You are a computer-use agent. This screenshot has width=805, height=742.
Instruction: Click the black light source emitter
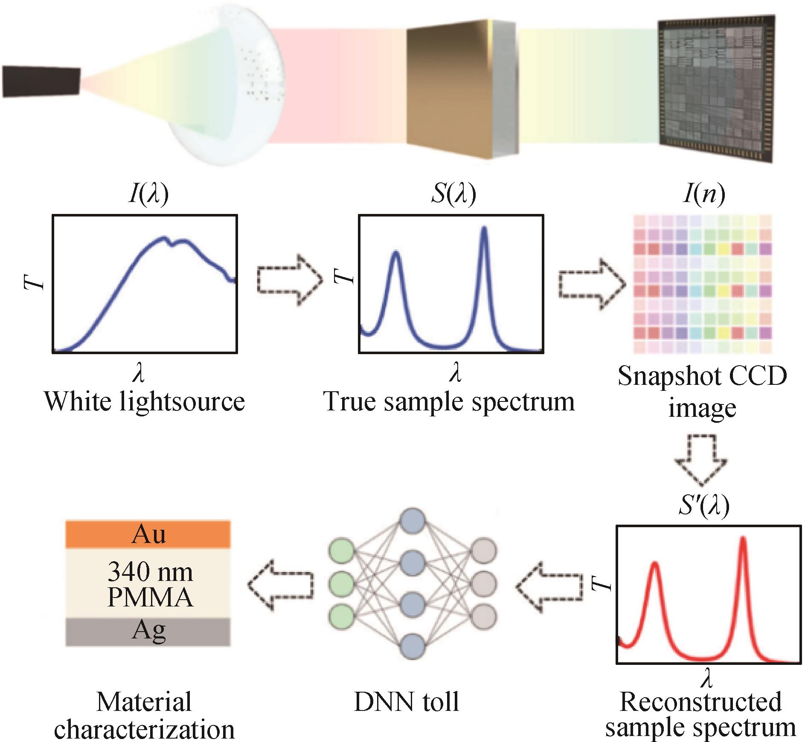[41, 81]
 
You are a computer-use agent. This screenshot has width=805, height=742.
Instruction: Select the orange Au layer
[148, 534]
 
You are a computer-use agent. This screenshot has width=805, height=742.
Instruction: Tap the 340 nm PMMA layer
[148, 583]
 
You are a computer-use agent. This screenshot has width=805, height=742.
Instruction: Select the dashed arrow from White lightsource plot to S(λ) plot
[290, 280]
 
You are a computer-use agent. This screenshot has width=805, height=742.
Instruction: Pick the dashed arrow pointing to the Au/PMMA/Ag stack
[281, 585]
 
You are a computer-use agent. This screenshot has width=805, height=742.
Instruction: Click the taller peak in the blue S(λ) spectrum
[484, 228]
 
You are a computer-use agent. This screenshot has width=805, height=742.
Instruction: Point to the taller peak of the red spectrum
[743, 538]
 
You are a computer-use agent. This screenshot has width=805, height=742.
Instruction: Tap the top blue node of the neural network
[413, 520]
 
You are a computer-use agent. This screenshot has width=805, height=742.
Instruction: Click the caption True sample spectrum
[449, 402]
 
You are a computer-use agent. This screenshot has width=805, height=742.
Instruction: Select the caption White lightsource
[145, 402]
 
